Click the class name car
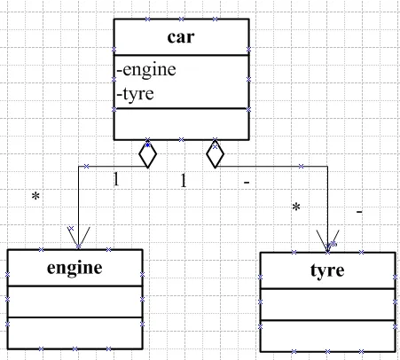tap(181, 37)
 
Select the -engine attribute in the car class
tap(146, 70)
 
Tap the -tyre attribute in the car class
tap(135, 94)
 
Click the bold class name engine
tap(75, 269)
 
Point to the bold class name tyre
tap(327, 270)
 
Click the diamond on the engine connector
tap(147, 154)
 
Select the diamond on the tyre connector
tap(215, 154)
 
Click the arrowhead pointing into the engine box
tap(79, 239)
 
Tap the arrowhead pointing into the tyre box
tap(327, 241)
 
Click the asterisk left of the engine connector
tap(35, 196)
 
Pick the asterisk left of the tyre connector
tap(296, 207)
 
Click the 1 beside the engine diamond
tap(116, 179)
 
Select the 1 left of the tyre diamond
tap(184, 180)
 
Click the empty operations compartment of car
tap(181, 124)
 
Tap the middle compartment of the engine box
tap(75, 301)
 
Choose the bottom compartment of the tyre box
tap(327, 336)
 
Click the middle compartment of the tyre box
tap(327, 304)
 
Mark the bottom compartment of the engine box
tap(75, 333)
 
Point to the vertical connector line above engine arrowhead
tap(78, 207)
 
